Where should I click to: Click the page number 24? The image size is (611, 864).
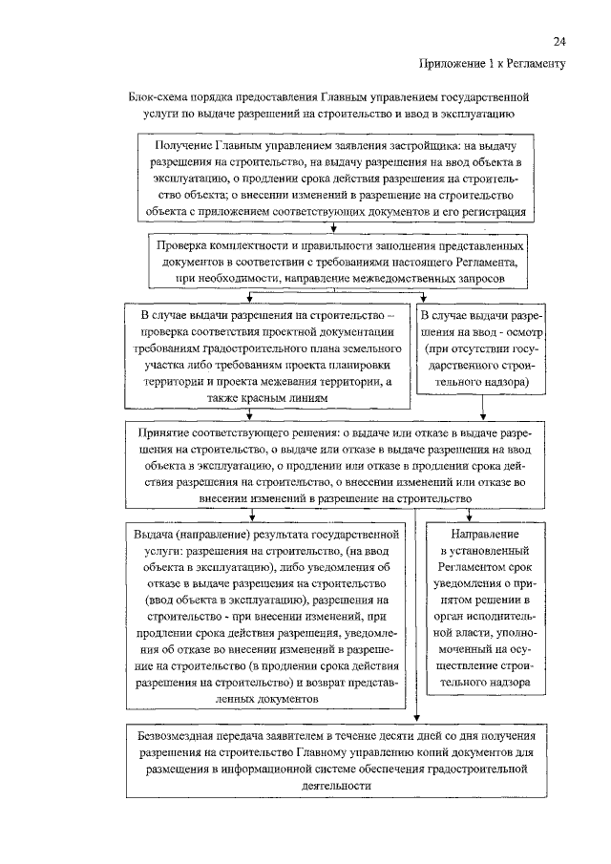[x=559, y=41]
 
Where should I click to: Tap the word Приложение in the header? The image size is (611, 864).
[x=452, y=64]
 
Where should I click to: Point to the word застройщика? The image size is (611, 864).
[x=417, y=145]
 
